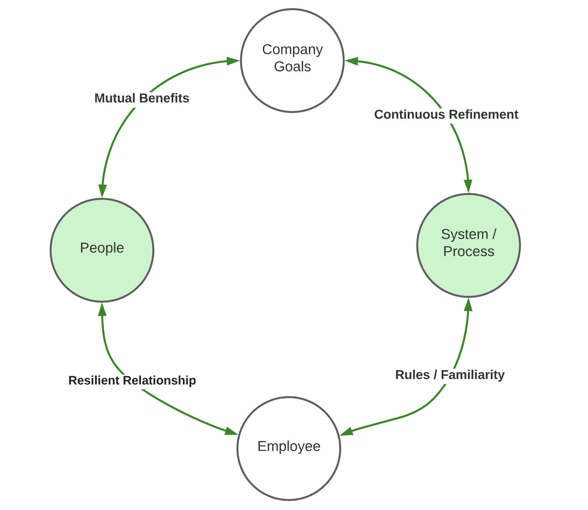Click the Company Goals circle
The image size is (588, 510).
(x=292, y=61)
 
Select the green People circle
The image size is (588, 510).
(x=102, y=250)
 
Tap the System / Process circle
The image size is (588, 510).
(x=469, y=245)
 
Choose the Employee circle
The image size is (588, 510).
(x=289, y=448)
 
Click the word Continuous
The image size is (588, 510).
(x=409, y=114)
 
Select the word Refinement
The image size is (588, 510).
(x=483, y=114)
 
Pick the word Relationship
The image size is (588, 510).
(x=159, y=380)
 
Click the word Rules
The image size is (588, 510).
(x=412, y=375)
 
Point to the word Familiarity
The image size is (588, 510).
(x=472, y=375)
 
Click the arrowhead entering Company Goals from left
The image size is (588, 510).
(x=232, y=61)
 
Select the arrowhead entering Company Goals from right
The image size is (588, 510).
(x=352, y=61)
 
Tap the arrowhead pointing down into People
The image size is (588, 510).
(x=102, y=190)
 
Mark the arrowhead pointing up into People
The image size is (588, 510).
(x=102, y=310)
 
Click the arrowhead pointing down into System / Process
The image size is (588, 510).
(x=468, y=186)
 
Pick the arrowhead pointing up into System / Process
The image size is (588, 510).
(x=468, y=305)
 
